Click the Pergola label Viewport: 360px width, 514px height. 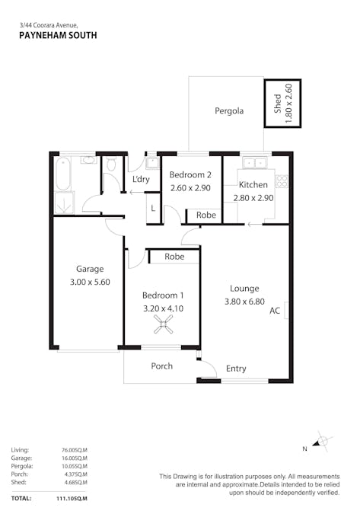229,111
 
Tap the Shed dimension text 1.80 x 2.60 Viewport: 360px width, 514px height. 288,104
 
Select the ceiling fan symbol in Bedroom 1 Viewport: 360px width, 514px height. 163,324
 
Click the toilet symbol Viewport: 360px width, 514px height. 111,164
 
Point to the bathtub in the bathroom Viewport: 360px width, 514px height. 62,174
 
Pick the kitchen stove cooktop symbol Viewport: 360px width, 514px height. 282,181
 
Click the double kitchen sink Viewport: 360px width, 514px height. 254,163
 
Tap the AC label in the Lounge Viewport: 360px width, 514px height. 275,311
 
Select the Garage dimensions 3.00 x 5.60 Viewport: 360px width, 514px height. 90,282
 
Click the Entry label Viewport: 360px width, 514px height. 236,369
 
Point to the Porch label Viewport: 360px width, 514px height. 162,366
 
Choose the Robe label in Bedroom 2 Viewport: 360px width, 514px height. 206,215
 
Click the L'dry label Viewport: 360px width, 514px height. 141,179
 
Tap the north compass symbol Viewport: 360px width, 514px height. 321,441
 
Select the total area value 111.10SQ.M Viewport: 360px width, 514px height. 72,499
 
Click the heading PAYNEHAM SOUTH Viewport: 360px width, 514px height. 58,35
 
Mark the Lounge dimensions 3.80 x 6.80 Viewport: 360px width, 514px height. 244,302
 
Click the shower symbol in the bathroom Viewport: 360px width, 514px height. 64,203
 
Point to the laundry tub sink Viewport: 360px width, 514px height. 152,163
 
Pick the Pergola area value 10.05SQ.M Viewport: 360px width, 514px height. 75,466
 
